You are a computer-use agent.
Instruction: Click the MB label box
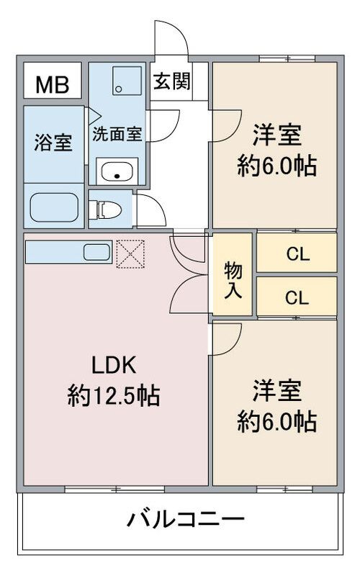53,81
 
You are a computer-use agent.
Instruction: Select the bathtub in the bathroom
54,207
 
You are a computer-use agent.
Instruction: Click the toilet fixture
106,210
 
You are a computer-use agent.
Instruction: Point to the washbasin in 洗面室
117,171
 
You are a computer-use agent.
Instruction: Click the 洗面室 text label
117,134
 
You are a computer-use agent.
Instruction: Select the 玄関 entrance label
172,81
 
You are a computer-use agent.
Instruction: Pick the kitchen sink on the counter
96,252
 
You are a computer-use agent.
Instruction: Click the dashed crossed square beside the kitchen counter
130,254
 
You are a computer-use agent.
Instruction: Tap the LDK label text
114,365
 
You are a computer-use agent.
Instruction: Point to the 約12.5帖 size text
114,396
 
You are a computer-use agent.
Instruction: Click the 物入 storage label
233,280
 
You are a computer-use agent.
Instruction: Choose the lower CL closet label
297,298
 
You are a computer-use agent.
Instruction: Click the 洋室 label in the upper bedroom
277,135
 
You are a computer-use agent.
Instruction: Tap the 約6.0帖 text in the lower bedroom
276,421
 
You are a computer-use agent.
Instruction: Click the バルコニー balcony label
186,519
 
